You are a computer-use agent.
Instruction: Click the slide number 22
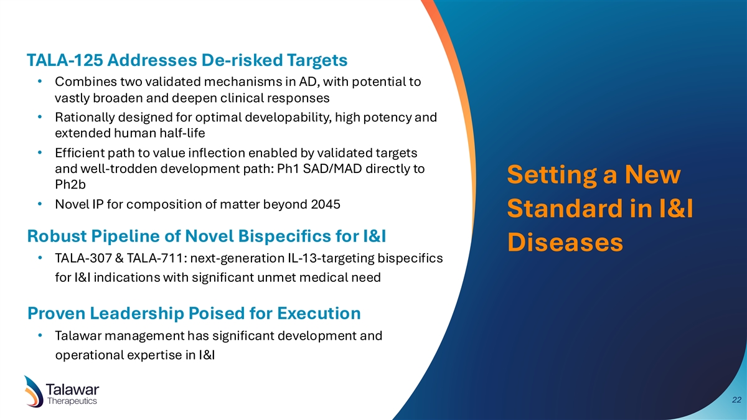coord(736,400)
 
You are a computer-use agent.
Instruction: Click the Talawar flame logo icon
coord(34,391)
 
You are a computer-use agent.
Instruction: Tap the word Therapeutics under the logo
coord(72,401)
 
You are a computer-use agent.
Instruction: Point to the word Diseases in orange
coord(565,242)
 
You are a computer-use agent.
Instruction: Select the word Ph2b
coord(70,184)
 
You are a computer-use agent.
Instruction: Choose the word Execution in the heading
coord(319,314)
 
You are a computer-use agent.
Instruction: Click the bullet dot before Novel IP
coord(40,203)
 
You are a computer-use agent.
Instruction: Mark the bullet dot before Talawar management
coord(40,335)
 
